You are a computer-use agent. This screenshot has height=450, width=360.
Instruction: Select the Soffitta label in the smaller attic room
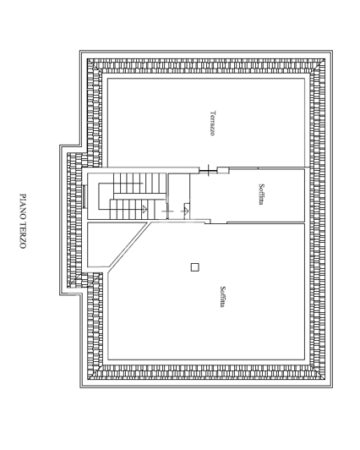[263, 195]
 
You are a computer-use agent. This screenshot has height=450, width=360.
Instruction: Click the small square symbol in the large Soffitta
[194, 267]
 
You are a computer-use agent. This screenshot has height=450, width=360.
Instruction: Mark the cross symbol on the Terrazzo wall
[204, 172]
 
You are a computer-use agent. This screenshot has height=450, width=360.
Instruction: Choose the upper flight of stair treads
[131, 179]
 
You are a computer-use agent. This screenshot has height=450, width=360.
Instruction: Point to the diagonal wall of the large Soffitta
[129, 249]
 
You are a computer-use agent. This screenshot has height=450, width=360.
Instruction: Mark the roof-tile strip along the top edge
[203, 63]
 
